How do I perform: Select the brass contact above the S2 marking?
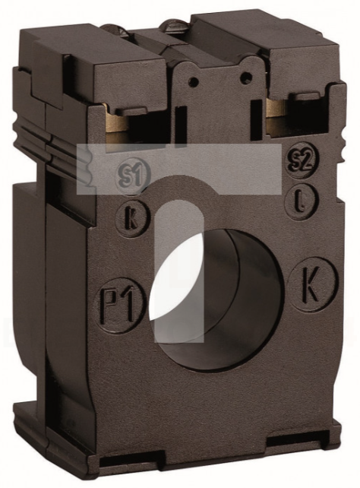coord(276,118)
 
